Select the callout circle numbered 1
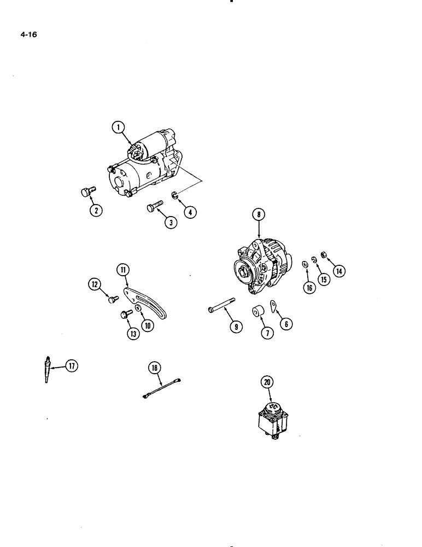click(x=116, y=128)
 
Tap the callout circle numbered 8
click(x=259, y=214)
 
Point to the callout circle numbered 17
click(x=71, y=366)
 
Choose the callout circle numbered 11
click(x=122, y=269)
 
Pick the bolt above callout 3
click(x=153, y=207)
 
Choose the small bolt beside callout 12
click(x=113, y=299)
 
